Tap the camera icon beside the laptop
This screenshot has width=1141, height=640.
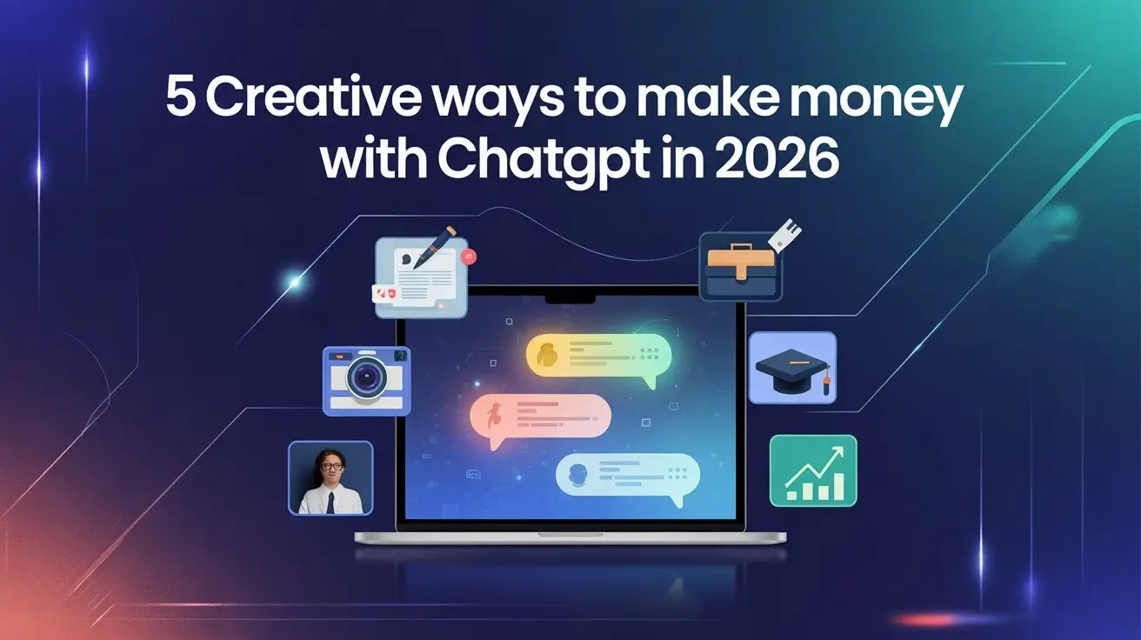pyautogui.click(x=366, y=378)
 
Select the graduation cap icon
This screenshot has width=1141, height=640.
pyautogui.click(x=791, y=368)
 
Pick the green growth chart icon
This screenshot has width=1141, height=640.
pyautogui.click(x=813, y=470)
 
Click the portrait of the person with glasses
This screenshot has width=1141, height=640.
pyautogui.click(x=330, y=477)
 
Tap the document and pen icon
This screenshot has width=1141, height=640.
pyautogui.click(x=421, y=277)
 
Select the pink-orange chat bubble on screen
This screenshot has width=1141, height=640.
pyautogui.click(x=539, y=416)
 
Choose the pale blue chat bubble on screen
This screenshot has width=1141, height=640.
pyautogui.click(x=627, y=476)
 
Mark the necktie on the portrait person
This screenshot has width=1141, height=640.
pyautogui.click(x=330, y=502)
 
